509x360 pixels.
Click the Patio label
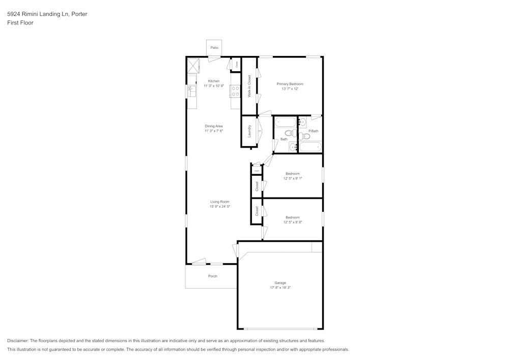point(214,47)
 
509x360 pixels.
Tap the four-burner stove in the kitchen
point(236,91)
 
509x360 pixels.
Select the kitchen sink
point(191,91)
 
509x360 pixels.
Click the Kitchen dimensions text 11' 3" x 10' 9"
point(214,86)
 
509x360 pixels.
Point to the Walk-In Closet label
point(249,86)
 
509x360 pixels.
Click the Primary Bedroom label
point(290,84)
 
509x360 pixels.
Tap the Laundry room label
point(249,131)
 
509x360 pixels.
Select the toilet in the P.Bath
point(305,136)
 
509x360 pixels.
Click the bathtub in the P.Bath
point(310,147)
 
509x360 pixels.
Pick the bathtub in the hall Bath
point(285,123)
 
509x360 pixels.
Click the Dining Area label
point(214,126)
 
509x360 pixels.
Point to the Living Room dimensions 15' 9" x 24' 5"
point(220,206)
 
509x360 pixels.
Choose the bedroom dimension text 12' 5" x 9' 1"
point(293,178)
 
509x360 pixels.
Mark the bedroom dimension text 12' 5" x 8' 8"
point(293,222)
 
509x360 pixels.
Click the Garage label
point(280,283)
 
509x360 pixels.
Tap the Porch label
point(213,276)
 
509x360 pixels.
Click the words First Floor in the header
point(20,23)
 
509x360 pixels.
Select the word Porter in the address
point(78,14)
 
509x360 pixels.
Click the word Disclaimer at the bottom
point(18,341)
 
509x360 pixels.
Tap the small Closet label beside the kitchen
point(236,64)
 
